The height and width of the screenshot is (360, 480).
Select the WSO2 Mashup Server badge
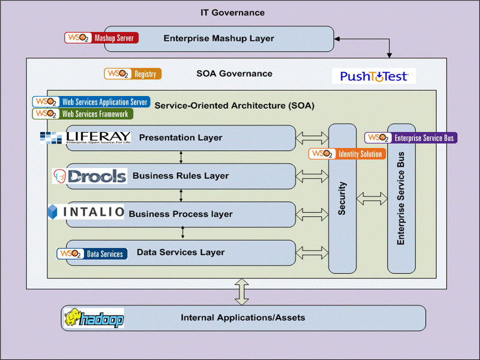point(101,38)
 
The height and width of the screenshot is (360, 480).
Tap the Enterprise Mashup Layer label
point(218,38)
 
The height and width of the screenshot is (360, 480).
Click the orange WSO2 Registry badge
point(133,74)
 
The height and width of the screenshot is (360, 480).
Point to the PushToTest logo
point(373,76)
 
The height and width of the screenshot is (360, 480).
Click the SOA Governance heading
point(234,74)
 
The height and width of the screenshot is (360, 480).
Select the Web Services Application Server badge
point(90,102)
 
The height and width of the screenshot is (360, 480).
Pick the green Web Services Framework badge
point(83,113)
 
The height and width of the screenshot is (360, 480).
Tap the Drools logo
point(89,176)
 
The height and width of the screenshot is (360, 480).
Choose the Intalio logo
point(86,212)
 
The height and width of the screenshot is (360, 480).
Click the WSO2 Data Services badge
point(92,254)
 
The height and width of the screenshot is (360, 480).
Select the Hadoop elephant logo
point(94,318)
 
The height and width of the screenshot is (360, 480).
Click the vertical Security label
point(342,199)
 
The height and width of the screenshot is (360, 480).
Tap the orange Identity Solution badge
point(346,154)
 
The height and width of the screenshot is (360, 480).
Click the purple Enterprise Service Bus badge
point(411,137)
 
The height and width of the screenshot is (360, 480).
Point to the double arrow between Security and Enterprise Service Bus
point(372,199)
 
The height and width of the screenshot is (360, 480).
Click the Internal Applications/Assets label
point(243,317)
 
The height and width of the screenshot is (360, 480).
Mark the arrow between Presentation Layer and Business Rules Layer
point(181,157)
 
